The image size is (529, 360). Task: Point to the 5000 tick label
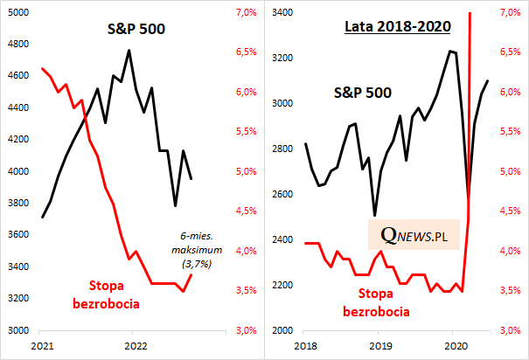point(17,12)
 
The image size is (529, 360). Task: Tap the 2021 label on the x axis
point(40,346)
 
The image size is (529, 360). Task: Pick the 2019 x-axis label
point(378,346)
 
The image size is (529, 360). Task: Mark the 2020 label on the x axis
point(453,346)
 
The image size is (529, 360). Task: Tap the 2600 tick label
point(281,194)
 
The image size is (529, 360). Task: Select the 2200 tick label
point(281,285)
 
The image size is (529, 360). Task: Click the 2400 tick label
point(281,239)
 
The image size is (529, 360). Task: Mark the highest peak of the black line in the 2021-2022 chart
point(129,51)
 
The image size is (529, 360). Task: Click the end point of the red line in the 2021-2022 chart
point(191,274)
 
